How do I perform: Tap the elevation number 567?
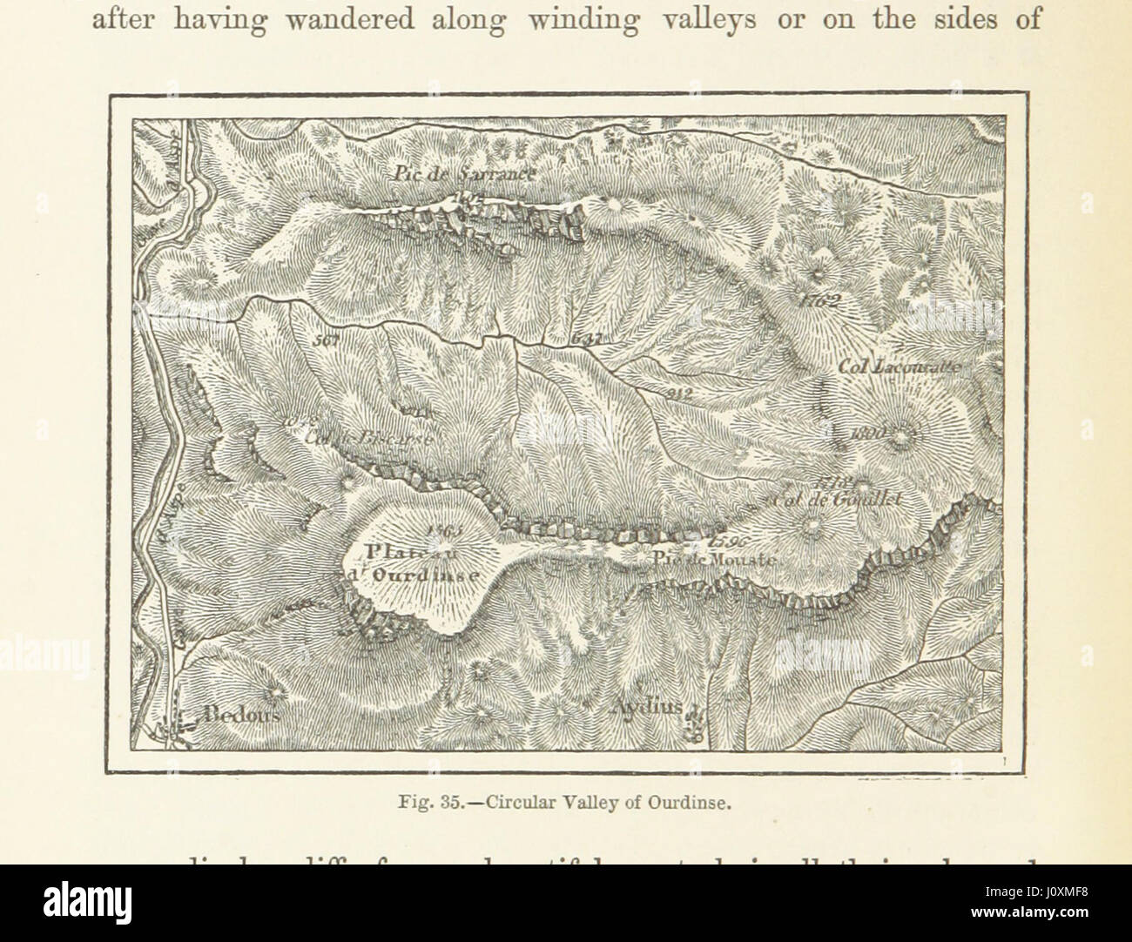[328, 340]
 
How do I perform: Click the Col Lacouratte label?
[900, 367]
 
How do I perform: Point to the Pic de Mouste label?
[714, 561]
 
